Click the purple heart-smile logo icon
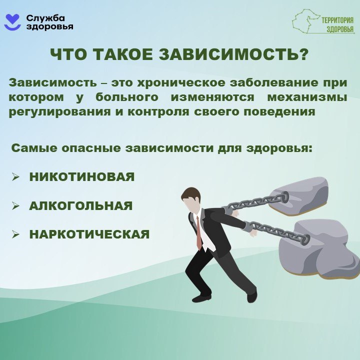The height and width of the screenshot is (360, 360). pyautogui.click(x=13, y=22)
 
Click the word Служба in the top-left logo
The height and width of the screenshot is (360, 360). pyautogui.click(x=45, y=17)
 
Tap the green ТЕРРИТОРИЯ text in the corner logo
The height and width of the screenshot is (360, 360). pyautogui.click(x=337, y=20)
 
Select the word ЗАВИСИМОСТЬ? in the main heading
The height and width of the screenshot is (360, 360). pyautogui.click(x=233, y=54)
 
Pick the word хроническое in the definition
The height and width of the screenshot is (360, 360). pyautogui.click(x=181, y=83)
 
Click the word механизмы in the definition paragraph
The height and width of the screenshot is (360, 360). pyautogui.click(x=307, y=97)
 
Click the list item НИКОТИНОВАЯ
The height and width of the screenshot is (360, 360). pyautogui.click(x=82, y=177)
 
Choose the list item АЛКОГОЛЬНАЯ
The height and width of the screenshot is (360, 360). pyautogui.click(x=81, y=205)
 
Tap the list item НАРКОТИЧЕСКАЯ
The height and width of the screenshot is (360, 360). pyautogui.click(x=89, y=234)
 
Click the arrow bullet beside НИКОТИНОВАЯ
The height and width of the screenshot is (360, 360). pyautogui.click(x=15, y=177)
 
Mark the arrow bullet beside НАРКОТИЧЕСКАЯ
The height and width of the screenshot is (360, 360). pyautogui.click(x=15, y=234)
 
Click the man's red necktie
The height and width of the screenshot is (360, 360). pyautogui.click(x=199, y=232)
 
